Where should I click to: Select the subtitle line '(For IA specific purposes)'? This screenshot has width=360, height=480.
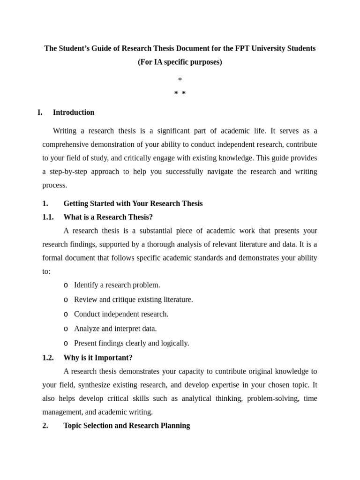(180, 62)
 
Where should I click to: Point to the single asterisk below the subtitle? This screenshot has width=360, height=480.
(180, 80)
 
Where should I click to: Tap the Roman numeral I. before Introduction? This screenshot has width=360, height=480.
(40, 112)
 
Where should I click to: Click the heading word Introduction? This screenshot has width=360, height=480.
(74, 112)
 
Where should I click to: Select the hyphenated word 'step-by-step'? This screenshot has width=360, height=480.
(66, 172)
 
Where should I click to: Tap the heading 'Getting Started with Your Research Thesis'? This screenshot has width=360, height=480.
(133, 203)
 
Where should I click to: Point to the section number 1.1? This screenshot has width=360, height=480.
(48, 217)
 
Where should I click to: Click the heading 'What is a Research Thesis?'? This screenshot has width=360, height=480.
(108, 217)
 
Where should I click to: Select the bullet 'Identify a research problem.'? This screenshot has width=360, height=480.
(117, 285)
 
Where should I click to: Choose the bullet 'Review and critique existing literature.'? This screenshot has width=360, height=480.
(134, 300)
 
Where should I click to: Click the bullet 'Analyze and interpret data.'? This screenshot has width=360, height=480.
(115, 329)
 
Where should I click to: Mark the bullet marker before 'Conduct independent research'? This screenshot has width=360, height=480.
(66, 314)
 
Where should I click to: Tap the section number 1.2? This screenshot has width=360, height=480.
(48, 358)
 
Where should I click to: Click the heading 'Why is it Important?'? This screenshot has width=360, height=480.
(98, 358)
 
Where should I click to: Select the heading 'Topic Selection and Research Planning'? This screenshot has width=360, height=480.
(127, 426)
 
